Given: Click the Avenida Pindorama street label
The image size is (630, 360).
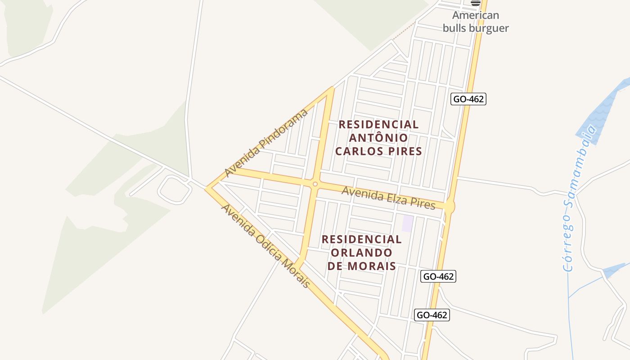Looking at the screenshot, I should (x=266, y=143).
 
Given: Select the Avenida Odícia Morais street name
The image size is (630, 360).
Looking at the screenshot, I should (x=265, y=246).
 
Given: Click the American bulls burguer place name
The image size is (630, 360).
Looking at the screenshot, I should (x=476, y=22).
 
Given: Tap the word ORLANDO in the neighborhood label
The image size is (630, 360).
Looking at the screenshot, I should (x=362, y=252).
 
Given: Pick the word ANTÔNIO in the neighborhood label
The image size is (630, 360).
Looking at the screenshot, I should (x=379, y=138).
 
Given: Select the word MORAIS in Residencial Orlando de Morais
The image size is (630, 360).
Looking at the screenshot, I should (x=374, y=266).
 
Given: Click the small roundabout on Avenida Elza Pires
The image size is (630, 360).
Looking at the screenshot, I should (x=315, y=184).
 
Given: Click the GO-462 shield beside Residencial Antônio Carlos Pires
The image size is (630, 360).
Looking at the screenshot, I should (x=468, y=99).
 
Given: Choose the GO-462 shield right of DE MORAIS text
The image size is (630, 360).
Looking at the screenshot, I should (x=438, y=276).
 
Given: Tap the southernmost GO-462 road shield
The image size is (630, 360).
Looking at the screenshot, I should (x=432, y=315).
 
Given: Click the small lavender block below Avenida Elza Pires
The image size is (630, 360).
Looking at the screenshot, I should (x=407, y=224).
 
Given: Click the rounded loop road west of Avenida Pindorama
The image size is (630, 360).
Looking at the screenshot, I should (x=175, y=189).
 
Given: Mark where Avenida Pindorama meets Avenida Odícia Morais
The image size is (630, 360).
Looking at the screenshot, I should (x=207, y=188).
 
